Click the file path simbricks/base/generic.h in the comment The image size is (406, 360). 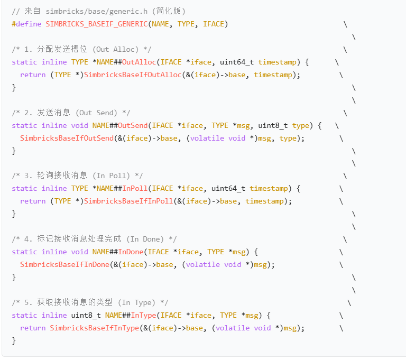96,11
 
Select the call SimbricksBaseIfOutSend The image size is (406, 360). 67,138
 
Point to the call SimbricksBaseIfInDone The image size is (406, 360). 64,264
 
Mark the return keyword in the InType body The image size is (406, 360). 33,328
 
